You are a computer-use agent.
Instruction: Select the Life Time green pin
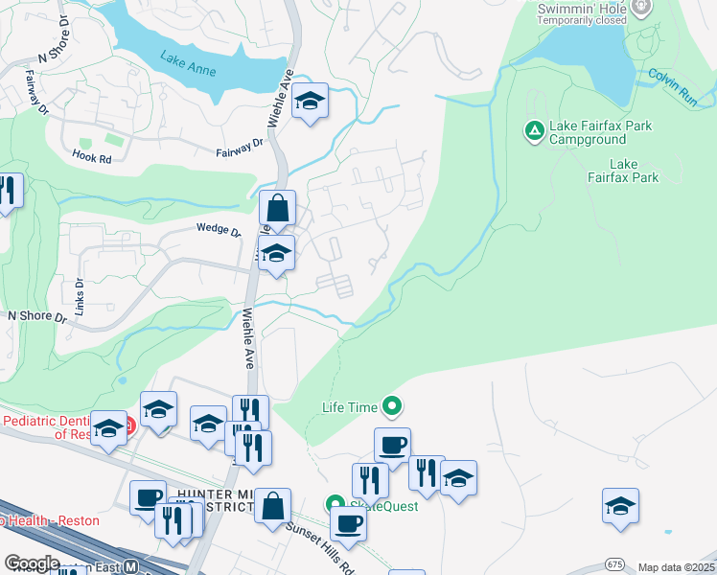[x=391, y=407]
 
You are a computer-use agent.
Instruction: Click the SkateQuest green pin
[x=335, y=504]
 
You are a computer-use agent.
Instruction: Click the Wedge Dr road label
[x=219, y=229]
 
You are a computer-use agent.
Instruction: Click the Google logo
[x=32, y=564]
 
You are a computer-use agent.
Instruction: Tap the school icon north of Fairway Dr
[x=310, y=101]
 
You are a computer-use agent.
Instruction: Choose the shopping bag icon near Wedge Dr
[x=277, y=208]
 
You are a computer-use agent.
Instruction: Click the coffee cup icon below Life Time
[x=392, y=446]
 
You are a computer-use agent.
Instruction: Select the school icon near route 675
[x=620, y=506]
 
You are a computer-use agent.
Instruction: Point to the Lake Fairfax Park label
[x=622, y=171]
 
